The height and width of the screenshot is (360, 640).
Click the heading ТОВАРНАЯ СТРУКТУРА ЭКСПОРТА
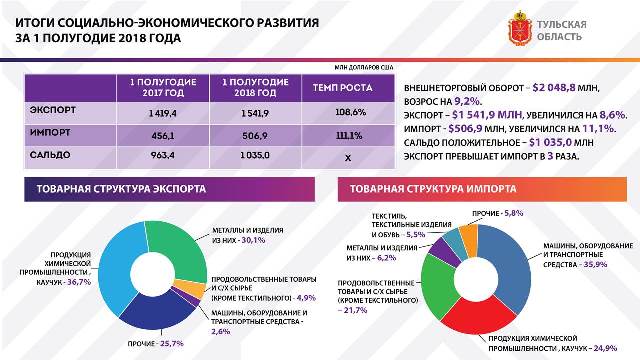122,188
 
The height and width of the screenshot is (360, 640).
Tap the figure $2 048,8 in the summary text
555,87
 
